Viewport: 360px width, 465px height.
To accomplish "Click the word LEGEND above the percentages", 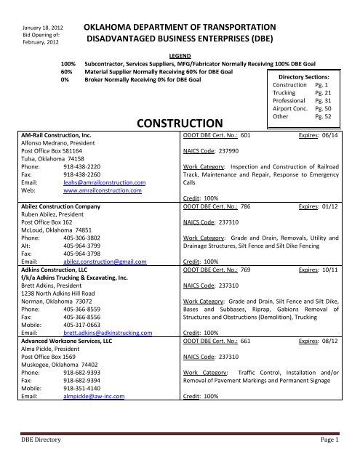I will tap(179, 54).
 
